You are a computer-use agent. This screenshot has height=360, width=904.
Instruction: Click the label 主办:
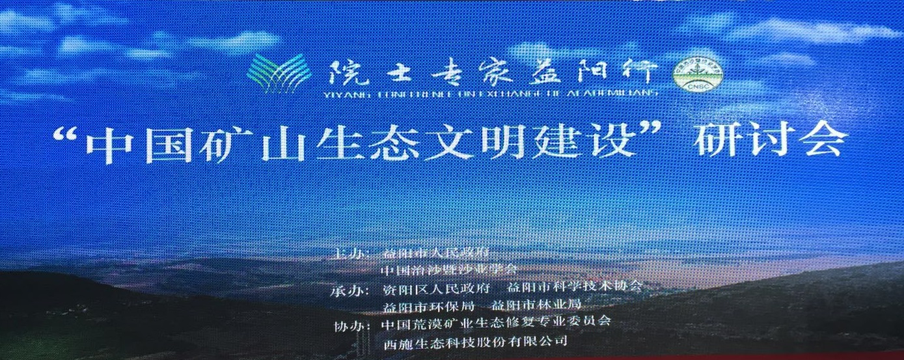pyautogui.click(x=349, y=252)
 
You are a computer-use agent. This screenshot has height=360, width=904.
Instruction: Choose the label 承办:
pyautogui.click(x=349, y=288)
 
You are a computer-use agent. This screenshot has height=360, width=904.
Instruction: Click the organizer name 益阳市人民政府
pyautogui.click(x=436, y=252)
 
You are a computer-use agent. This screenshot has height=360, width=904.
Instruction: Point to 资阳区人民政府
pyautogui.click(x=437, y=287)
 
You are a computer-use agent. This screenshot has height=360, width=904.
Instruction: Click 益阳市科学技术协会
pyautogui.click(x=575, y=286)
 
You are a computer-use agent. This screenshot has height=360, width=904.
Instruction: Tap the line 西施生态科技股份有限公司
pyautogui.click(x=475, y=340)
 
